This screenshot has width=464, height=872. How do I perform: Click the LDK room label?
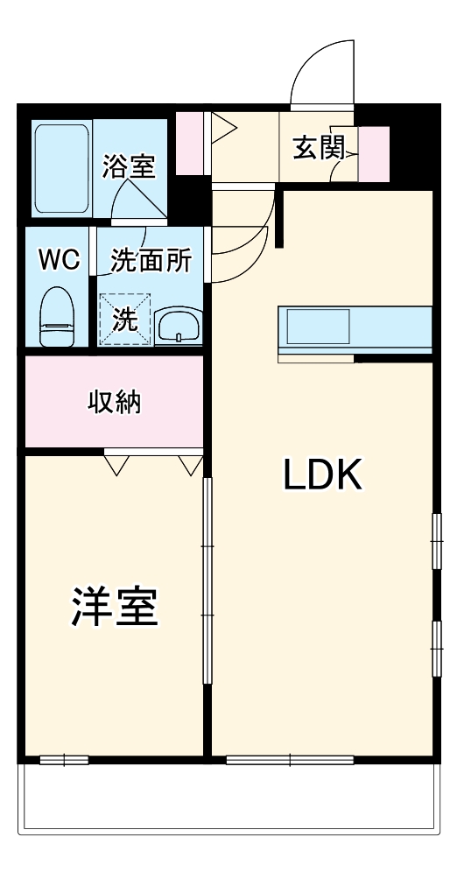tap(322, 475)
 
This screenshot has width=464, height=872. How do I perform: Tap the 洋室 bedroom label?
tap(114, 606)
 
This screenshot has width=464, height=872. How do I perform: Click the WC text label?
tap(59, 259)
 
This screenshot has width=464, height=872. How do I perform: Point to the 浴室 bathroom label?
tap(129, 166)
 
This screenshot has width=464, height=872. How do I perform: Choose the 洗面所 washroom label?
tap(151, 260)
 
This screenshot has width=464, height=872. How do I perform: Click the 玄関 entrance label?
tap(317, 147)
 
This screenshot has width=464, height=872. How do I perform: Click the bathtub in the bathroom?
tap(61, 168)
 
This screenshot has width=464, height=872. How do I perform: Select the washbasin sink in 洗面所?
tap(179, 326)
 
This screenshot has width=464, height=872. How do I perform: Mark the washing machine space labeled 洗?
tap(124, 320)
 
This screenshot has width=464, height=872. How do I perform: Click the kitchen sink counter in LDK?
tap(355, 331)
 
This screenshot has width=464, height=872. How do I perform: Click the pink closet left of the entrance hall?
tap(189, 143)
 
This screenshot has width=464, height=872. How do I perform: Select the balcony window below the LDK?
tap(290, 759)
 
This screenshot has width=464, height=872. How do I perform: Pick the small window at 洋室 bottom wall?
tap(64, 759)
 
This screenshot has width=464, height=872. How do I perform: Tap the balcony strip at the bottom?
tap(229, 801)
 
